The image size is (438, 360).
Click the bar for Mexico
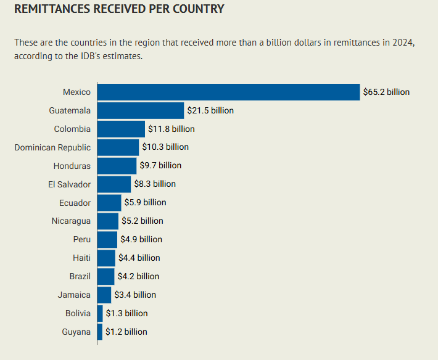(228, 92)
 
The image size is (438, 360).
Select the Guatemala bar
(141, 110)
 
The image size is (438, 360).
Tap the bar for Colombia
(121, 129)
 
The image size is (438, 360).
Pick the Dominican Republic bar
(118, 147)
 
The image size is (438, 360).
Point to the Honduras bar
(117, 166)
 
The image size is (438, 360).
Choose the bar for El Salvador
(114, 184)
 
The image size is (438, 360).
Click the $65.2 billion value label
(386, 92)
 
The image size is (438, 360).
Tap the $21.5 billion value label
(210, 110)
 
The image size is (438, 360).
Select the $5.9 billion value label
(145, 202)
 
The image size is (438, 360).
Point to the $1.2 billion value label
(126, 332)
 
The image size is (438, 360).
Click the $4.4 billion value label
(139, 258)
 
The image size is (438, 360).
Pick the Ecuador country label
(75, 203)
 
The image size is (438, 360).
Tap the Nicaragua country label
(71, 221)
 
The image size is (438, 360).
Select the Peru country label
(81, 239)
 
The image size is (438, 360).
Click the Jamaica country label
(74, 295)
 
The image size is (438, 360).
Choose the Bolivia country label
(78, 313)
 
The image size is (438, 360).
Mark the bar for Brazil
(105, 276)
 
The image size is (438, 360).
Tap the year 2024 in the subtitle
(400, 43)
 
